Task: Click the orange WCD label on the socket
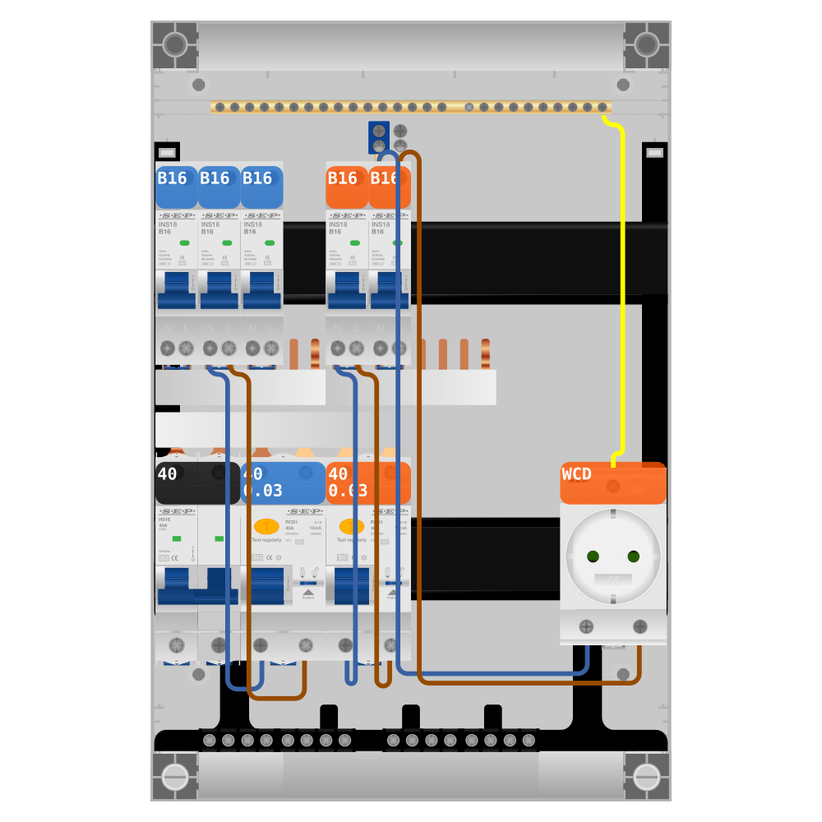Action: tap(612, 483)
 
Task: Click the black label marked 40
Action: tap(197, 483)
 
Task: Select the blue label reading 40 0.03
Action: tap(283, 483)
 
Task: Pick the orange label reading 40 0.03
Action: tap(368, 483)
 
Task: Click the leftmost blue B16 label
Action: tap(176, 187)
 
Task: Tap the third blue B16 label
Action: tap(261, 187)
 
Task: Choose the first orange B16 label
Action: tap(346, 187)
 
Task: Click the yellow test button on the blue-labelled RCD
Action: tap(266, 527)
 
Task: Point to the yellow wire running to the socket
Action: tap(623, 288)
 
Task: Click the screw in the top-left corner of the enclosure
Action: tap(175, 44)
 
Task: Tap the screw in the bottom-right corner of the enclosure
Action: tap(647, 776)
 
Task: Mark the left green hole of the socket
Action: tap(593, 556)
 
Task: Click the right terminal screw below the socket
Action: tap(640, 627)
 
